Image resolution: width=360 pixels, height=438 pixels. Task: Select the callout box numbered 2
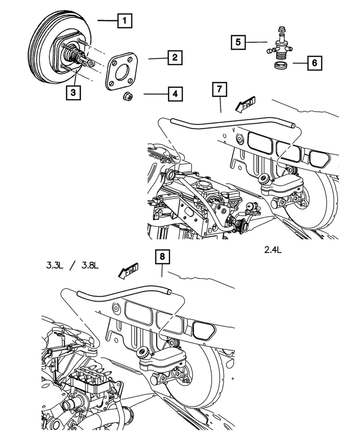pyautogui.click(x=174, y=58)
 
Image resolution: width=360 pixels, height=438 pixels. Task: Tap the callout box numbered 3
pyautogui.click(x=73, y=93)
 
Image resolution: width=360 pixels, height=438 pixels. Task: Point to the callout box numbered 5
pyautogui.click(x=237, y=43)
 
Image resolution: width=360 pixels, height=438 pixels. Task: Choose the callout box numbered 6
pyautogui.click(x=314, y=63)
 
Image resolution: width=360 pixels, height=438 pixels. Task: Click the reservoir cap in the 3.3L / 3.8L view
pyautogui.click(x=144, y=352)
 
